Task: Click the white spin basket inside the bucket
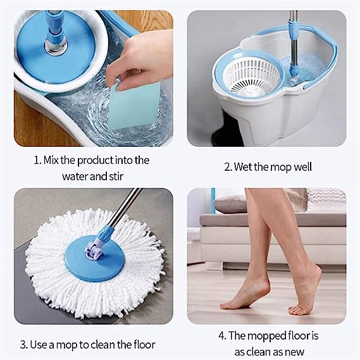252,77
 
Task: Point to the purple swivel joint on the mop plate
94,251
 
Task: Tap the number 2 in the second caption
227,167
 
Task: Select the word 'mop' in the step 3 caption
67,345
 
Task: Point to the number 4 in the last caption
221,336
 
